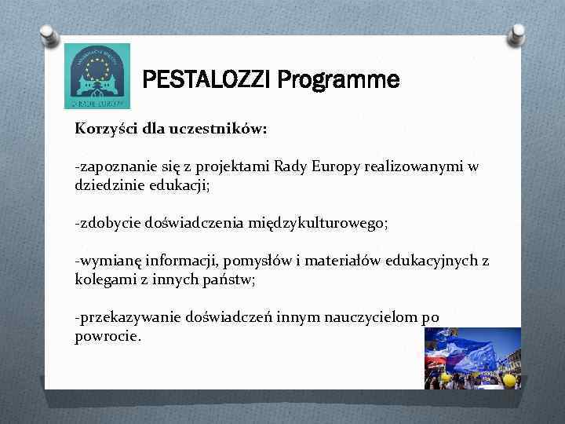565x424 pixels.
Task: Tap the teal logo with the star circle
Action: pos(97,75)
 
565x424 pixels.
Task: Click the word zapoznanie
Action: pos(111,167)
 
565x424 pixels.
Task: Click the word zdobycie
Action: pos(106,223)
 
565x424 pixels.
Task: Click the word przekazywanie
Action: pos(128,317)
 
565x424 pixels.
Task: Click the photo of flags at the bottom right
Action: pos(472,358)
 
